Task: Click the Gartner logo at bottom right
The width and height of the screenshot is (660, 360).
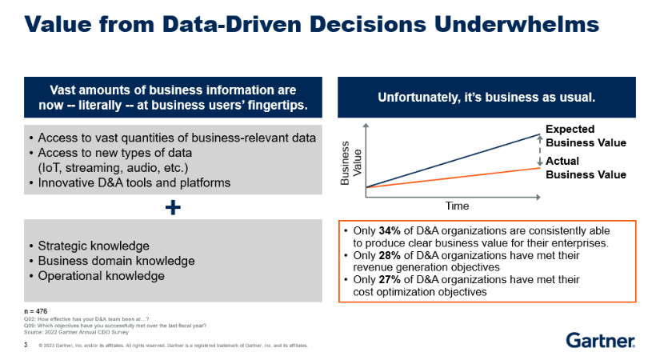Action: [x=601, y=341]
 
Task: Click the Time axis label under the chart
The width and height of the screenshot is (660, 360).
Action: [x=457, y=206]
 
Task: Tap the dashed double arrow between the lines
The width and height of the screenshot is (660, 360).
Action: [x=540, y=151]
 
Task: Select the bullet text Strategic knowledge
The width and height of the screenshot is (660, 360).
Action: [x=89, y=245]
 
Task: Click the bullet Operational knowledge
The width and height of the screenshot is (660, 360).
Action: [x=96, y=276]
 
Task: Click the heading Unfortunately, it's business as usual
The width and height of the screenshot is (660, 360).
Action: [x=487, y=97]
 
